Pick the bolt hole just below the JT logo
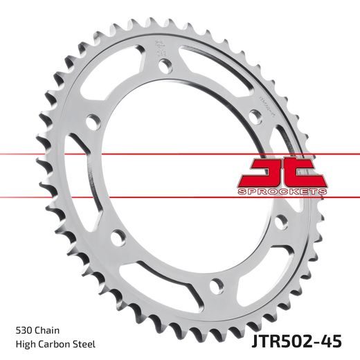coord(281,223)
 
